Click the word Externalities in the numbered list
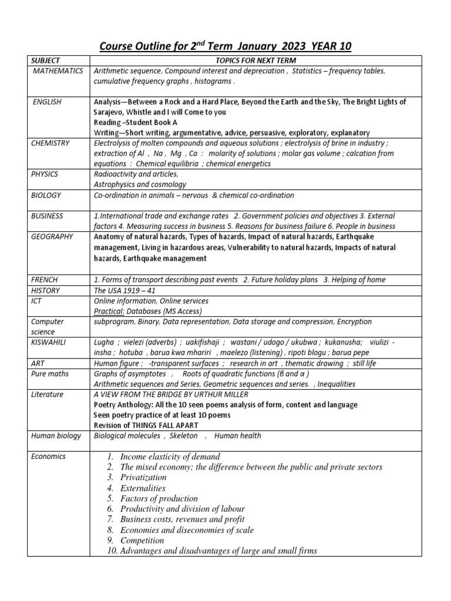143,488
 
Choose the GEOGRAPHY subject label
53,237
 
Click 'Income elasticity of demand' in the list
170,457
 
